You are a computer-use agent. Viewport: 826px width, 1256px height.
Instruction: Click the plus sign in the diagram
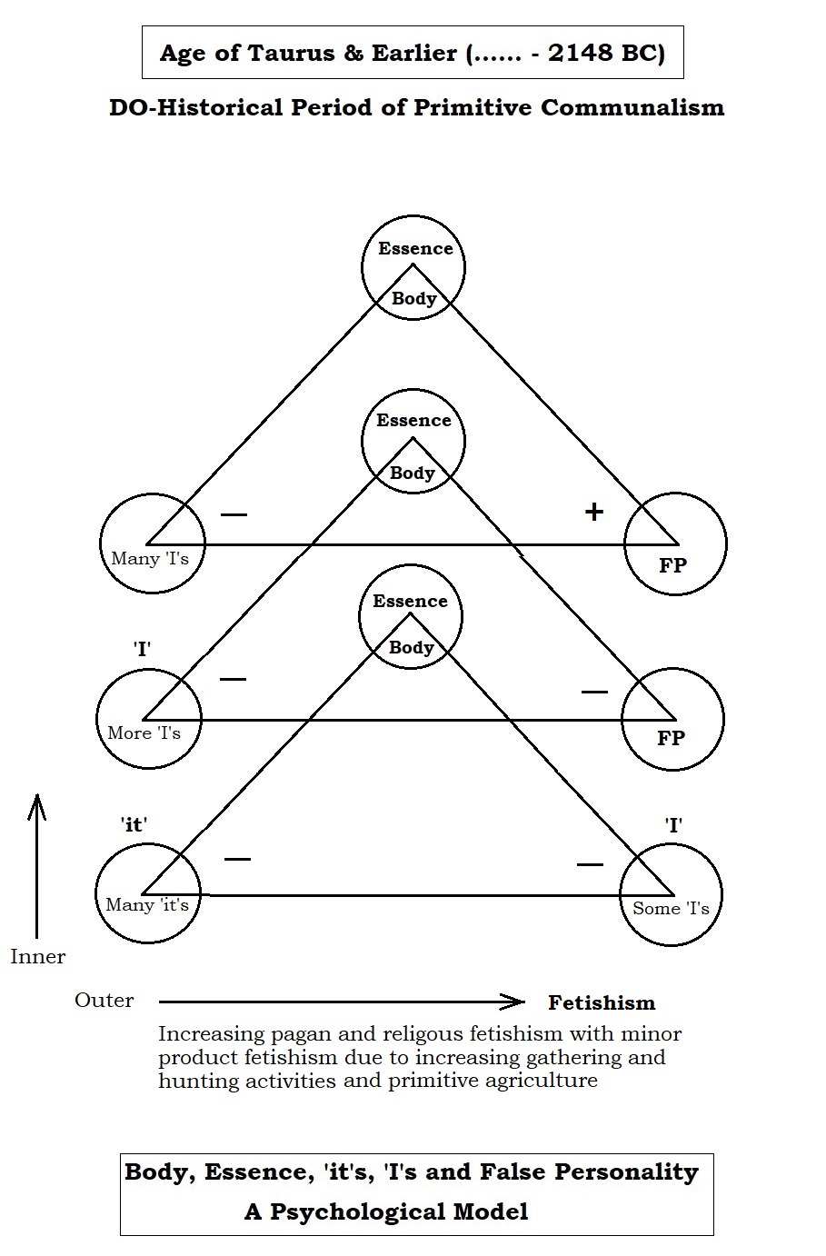(x=593, y=512)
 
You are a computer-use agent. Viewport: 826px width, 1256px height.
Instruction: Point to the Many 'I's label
(x=150, y=559)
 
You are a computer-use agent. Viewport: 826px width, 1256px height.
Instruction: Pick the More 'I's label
(x=144, y=733)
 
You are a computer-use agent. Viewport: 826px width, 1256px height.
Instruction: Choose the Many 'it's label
(x=147, y=904)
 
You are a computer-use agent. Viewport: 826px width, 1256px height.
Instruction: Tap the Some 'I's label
(x=671, y=908)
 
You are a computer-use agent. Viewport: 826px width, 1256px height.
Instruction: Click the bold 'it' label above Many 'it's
(x=134, y=824)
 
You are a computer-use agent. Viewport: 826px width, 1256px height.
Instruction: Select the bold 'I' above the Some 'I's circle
(x=673, y=825)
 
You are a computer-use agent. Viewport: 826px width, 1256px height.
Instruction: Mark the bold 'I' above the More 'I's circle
(x=141, y=650)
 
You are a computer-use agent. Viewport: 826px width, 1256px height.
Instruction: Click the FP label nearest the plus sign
(x=672, y=565)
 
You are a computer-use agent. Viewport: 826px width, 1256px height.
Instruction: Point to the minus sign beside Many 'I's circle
(x=234, y=515)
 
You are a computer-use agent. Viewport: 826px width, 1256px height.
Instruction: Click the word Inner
(x=38, y=957)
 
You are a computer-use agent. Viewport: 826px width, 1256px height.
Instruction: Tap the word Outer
(x=104, y=1001)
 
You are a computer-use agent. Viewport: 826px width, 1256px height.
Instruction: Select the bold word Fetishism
(x=601, y=1003)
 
